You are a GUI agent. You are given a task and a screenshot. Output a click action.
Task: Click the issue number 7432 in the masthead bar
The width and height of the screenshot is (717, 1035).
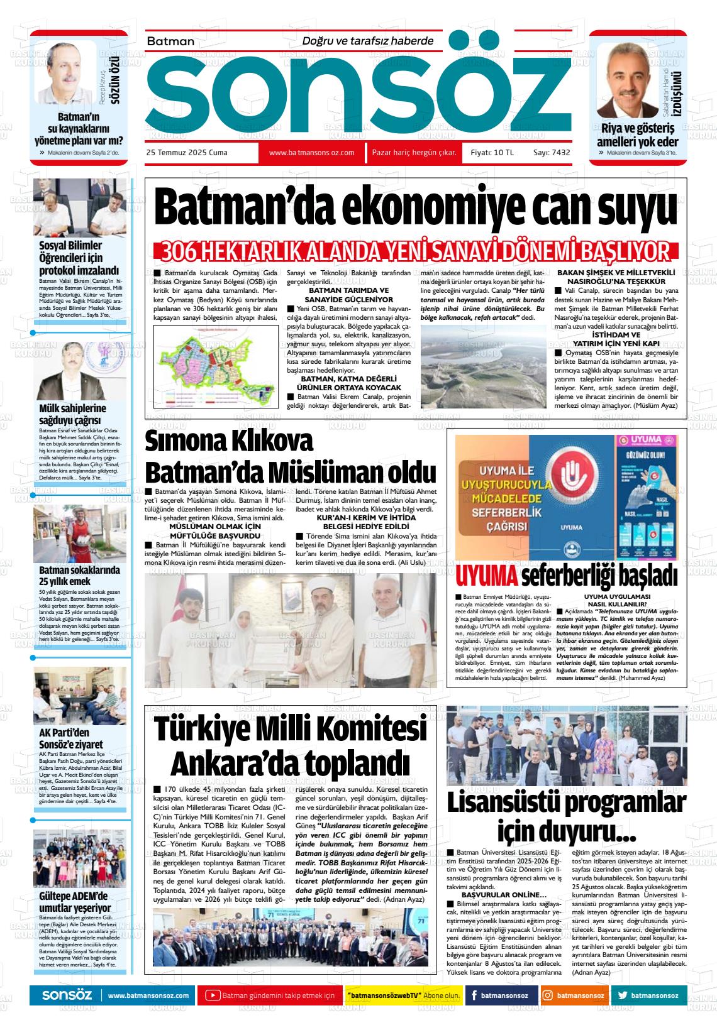[560, 153]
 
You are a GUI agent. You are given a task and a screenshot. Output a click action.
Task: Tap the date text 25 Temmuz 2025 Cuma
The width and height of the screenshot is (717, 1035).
[187, 153]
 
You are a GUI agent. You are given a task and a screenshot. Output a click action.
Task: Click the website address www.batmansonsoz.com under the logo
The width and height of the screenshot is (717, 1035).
[311, 153]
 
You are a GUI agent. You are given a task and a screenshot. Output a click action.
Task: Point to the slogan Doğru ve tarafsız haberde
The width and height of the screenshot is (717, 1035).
[368, 41]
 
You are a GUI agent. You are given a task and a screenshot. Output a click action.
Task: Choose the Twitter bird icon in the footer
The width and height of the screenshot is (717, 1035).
[623, 995]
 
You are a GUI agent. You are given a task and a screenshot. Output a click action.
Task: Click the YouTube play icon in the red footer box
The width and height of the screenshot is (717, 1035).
[213, 995]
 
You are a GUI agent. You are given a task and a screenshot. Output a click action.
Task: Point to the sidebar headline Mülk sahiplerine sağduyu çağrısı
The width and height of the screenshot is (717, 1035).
[72, 414]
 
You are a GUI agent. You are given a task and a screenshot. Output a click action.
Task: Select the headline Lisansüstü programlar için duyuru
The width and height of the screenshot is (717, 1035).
[566, 816]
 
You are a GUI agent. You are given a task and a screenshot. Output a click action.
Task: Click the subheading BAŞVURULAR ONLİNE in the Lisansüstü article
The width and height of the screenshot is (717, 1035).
[504, 894]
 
